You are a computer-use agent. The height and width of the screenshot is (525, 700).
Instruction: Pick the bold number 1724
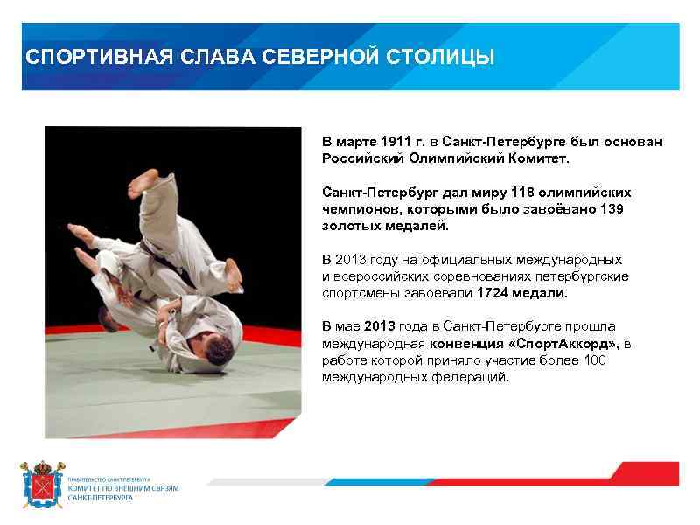pos(493,292)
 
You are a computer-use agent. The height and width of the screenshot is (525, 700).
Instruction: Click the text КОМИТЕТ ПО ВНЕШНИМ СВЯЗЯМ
pos(123,488)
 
